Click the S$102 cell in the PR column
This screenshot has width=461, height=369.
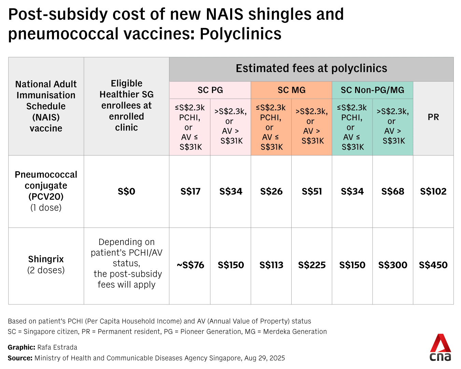point(433,191)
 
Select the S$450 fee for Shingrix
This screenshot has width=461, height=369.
point(433,265)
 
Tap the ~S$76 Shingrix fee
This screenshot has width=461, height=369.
point(190,265)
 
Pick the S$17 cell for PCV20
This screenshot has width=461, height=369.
point(190,191)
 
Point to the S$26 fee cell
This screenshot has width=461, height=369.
point(271,191)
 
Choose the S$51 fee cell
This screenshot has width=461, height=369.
point(312,191)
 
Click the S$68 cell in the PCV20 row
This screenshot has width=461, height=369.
point(393,191)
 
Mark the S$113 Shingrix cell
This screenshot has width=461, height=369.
point(271,265)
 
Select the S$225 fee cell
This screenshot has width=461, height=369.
point(312,265)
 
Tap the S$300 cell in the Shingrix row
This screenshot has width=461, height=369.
point(393,265)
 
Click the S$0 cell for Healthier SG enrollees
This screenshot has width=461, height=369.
point(126,191)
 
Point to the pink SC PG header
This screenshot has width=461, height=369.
point(210,90)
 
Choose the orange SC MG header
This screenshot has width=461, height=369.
point(291,90)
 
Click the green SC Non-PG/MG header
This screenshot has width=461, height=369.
point(372,90)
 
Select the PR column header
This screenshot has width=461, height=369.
point(433,117)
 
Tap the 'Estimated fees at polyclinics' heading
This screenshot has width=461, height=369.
point(311,69)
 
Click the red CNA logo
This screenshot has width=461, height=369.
point(440,347)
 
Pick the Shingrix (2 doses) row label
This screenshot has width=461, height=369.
point(46,264)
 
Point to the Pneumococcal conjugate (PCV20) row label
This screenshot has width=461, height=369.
point(46,191)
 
